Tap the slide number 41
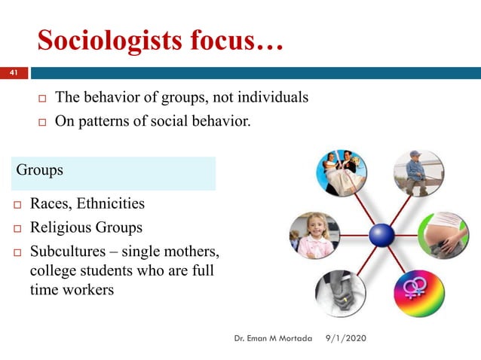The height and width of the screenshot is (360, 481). tap(13, 73)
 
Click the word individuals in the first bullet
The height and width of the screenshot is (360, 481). tap(272, 98)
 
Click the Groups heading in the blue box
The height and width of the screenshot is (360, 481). tap(39, 170)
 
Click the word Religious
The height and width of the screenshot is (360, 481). tap(58, 227)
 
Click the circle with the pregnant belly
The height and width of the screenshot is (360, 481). tap(443, 234)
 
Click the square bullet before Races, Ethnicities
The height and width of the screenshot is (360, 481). tap(14, 204)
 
